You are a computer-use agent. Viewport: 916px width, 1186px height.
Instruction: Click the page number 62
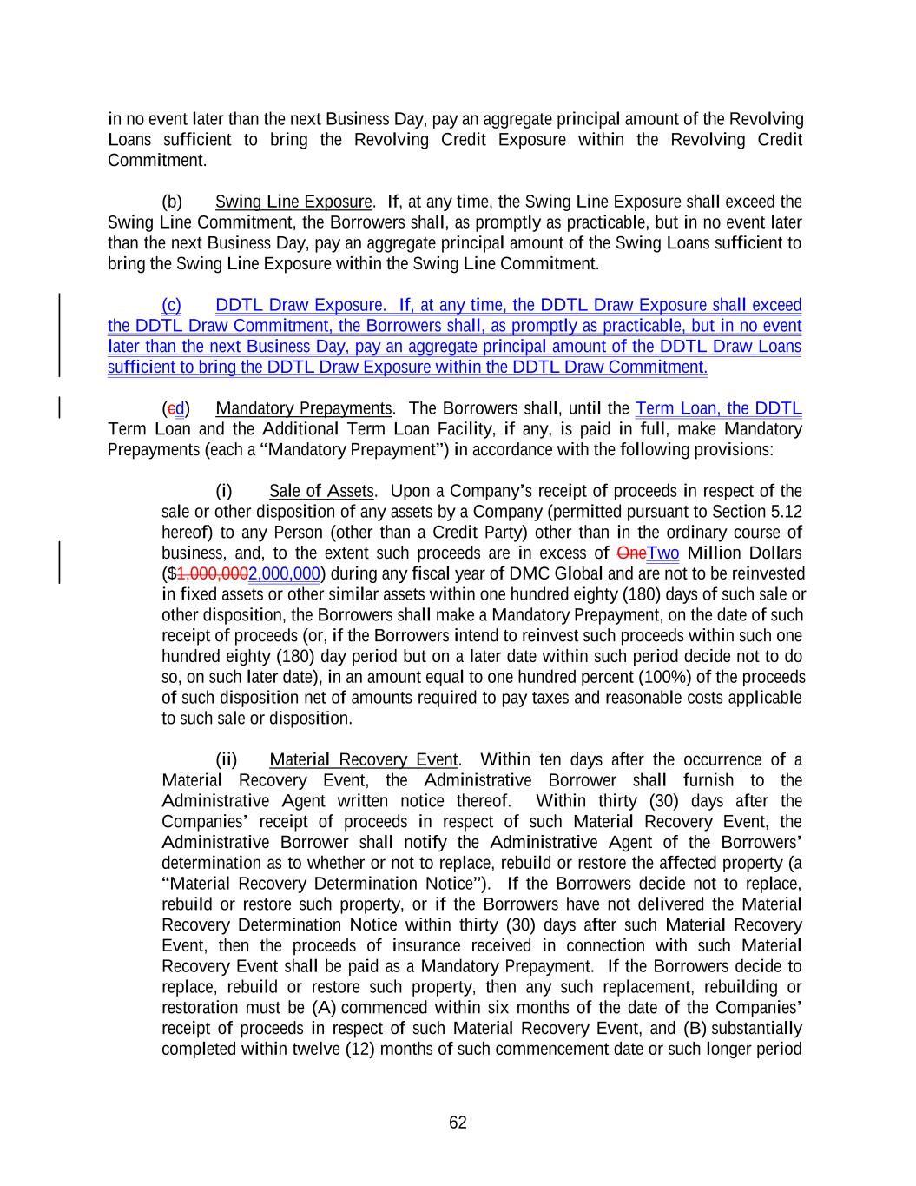point(458,1123)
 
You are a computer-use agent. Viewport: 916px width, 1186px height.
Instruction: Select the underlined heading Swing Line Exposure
point(293,202)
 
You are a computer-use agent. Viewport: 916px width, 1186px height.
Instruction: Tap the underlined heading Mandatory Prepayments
point(303,408)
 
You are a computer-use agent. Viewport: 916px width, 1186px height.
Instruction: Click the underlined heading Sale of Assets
point(321,492)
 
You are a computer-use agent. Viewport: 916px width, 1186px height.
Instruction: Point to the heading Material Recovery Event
point(363,760)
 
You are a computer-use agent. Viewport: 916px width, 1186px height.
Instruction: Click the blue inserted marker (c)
point(171,306)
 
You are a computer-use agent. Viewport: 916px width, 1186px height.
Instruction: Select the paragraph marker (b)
point(172,202)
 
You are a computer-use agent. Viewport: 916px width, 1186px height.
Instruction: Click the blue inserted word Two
point(663,553)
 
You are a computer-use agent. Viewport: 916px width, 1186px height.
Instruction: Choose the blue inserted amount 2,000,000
point(284,574)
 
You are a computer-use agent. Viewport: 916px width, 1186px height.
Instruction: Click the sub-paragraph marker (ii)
point(226,760)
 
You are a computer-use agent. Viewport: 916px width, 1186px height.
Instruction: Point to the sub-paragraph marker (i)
point(224,492)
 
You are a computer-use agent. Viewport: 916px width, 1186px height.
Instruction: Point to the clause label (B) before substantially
point(695,1029)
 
